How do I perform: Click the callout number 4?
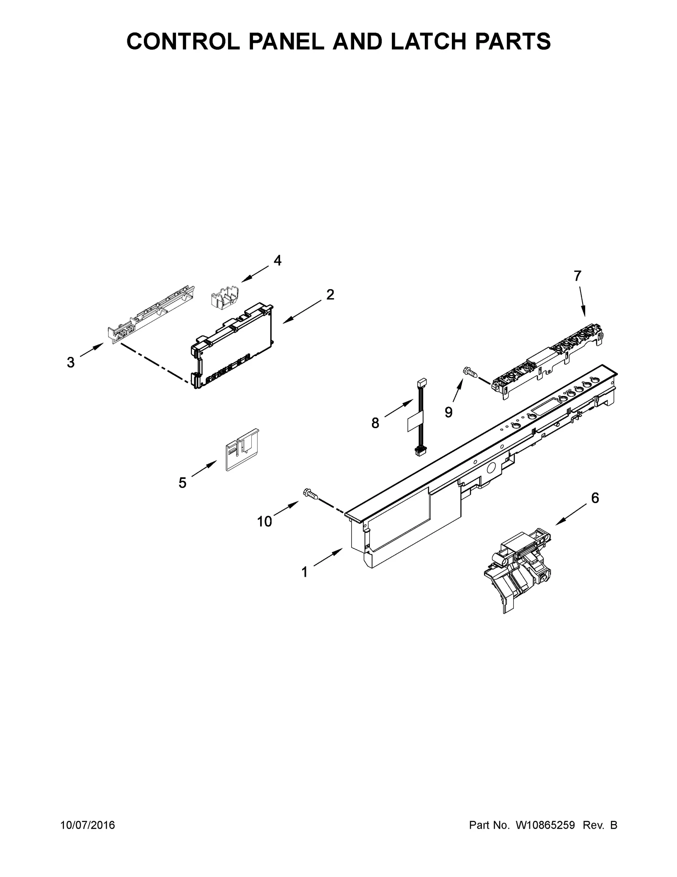[x=277, y=260]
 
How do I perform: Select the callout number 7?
[x=578, y=276]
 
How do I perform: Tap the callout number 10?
[x=264, y=522]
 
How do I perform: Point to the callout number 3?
[x=71, y=362]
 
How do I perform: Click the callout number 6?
[x=595, y=498]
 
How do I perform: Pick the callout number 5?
[x=182, y=482]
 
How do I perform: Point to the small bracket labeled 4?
[x=224, y=295]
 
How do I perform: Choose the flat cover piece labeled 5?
[x=242, y=450]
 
